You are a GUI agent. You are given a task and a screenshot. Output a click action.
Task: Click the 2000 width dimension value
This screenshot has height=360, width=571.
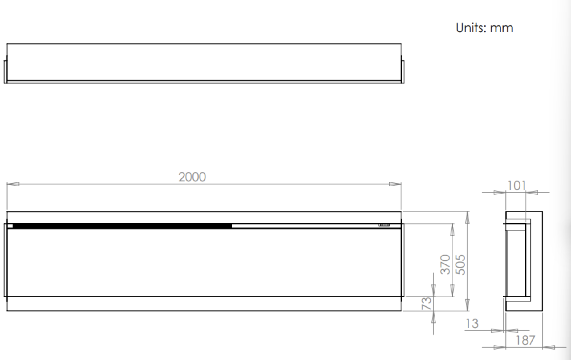[x=192, y=177]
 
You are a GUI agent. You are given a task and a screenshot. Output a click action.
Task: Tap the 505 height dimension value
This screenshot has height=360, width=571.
[x=460, y=264]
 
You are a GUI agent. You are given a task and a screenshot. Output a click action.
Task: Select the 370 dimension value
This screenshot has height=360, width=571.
[x=445, y=264]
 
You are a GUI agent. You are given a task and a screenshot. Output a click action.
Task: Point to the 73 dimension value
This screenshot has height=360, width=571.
[x=427, y=303]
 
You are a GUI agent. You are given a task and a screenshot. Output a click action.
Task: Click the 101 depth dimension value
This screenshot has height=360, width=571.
[x=516, y=186]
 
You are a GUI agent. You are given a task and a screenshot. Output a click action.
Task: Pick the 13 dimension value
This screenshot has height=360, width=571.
[x=472, y=324]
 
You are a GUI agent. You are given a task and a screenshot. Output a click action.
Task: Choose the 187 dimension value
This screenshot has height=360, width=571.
[x=525, y=340]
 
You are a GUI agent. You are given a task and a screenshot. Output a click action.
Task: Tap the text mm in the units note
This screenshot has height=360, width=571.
[x=501, y=28]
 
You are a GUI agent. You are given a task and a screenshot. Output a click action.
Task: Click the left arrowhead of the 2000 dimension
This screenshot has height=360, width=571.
[x=13, y=184]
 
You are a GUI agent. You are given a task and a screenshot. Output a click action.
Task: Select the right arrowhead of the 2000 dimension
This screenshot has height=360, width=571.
[x=395, y=184]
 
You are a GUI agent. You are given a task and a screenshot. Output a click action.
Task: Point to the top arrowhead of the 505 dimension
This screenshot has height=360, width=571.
[x=468, y=217]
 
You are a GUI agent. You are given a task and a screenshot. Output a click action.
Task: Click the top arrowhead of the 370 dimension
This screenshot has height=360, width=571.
[x=452, y=230]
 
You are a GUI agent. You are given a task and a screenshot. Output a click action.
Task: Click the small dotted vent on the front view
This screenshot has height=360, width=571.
[x=384, y=225]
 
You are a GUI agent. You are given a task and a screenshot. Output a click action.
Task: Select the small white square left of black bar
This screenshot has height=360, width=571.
[x=10, y=226]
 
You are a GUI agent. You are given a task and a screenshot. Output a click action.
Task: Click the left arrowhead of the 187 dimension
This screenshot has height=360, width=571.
[x=500, y=347]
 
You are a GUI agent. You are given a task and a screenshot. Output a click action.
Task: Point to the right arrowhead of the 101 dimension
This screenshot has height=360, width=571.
[x=532, y=193]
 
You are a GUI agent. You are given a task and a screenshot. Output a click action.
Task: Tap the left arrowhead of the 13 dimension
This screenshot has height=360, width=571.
[x=497, y=331]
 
